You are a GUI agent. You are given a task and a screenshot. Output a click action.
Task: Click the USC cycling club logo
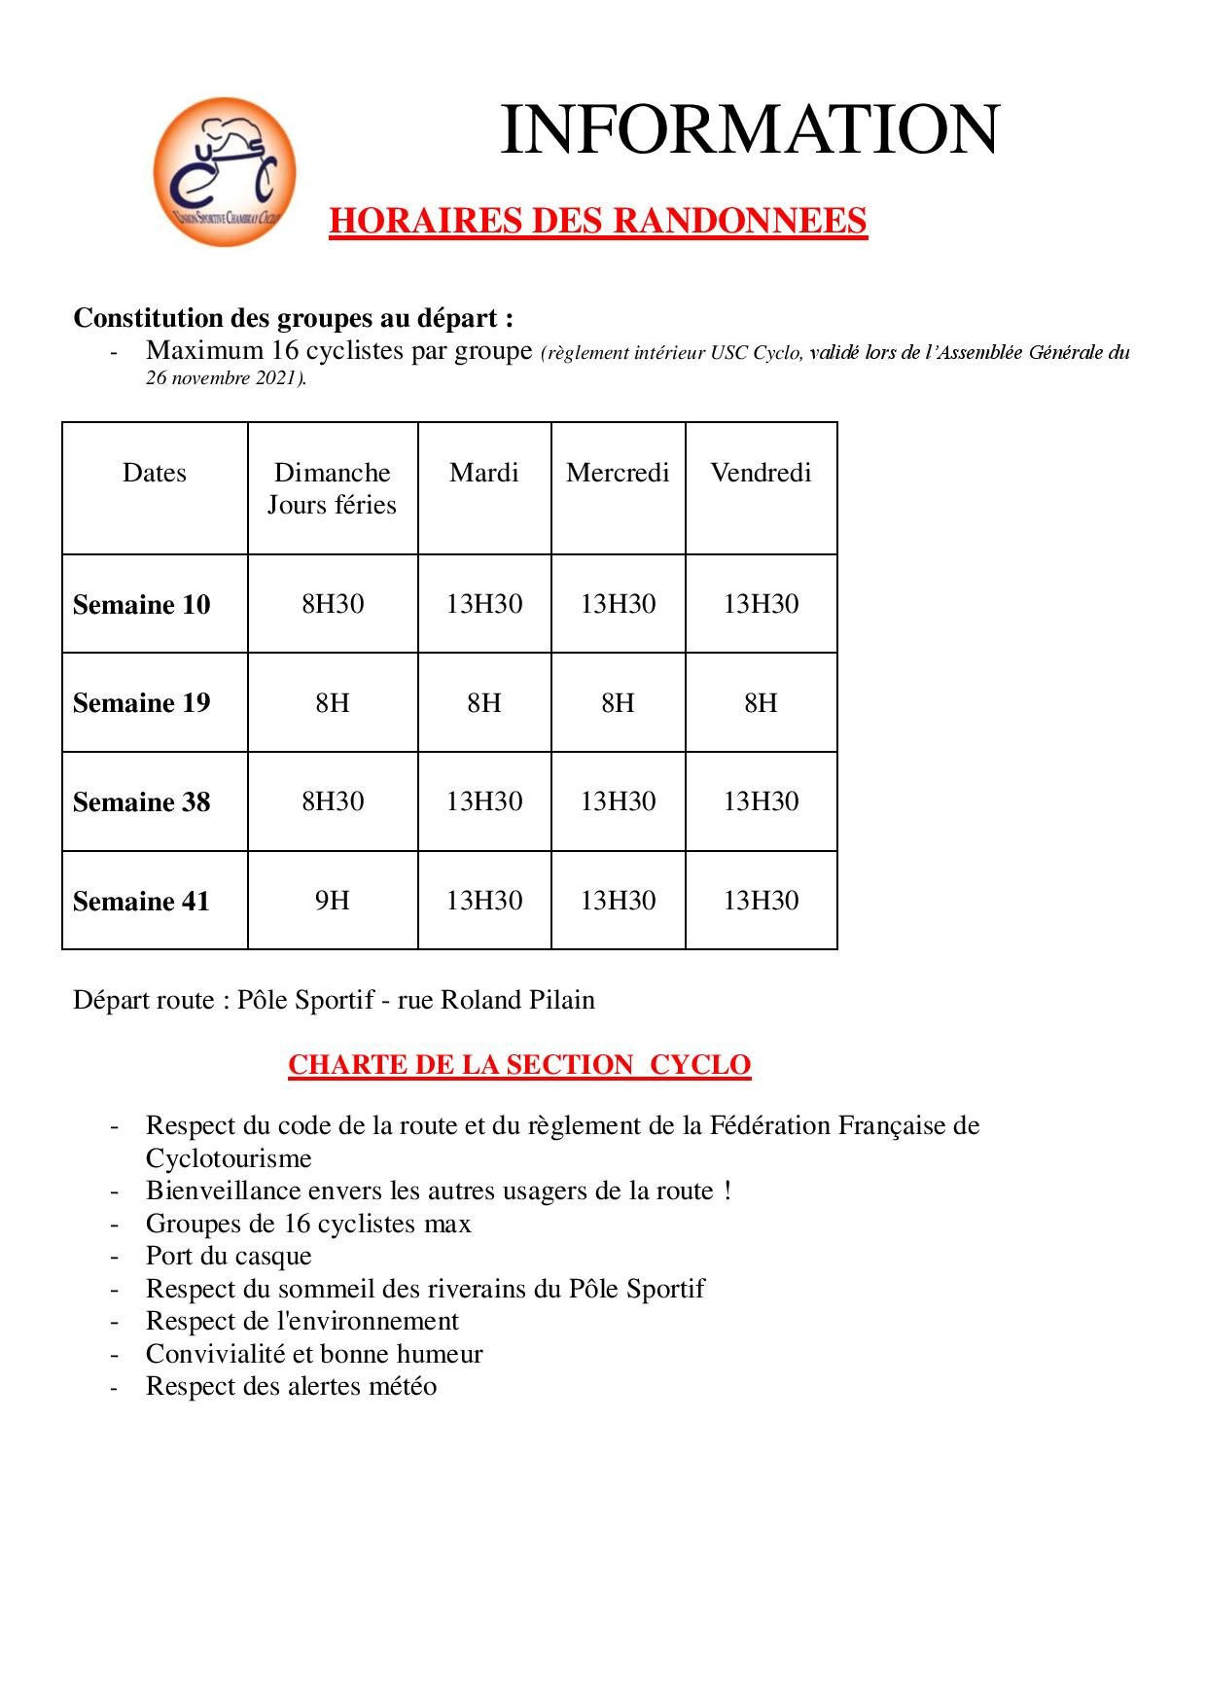[x=225, y=172]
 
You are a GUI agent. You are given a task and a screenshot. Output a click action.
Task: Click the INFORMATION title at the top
[x=749, y=130]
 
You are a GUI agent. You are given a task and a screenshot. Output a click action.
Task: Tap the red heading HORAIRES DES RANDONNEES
[x=597, y=222]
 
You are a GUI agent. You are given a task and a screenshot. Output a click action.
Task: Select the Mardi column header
[x=483, y=473]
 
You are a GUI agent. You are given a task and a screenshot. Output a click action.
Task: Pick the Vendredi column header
[x=761, y=473]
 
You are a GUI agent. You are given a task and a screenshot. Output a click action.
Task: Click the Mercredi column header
[x=618, y=473]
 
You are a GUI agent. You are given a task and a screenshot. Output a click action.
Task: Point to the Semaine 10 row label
[x=142, y=605]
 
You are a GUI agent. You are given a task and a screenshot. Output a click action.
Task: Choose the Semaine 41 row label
[x=142, y=902]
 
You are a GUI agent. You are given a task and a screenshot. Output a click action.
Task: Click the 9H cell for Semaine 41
[x=332, y=901]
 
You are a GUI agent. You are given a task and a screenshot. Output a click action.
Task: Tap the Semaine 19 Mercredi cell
[x=618, y=703]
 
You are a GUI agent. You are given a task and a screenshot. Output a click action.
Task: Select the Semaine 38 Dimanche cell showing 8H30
[x=332, y=801]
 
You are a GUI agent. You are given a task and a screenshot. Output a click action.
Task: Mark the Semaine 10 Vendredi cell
[x=761, y=604]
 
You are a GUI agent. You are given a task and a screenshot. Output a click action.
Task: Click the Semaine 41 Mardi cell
[x=483, y=901]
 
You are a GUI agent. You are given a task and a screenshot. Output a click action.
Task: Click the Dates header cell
[x=155, y=473]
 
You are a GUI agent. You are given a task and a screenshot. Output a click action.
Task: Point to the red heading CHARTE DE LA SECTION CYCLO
[x=519, y=1065]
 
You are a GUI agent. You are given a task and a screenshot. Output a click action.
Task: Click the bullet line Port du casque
[x=229, y=1256]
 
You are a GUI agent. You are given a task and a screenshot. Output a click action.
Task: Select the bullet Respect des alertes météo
[x=291, y=1386]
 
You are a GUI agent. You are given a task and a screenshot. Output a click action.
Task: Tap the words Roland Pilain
[x=517, y=1000]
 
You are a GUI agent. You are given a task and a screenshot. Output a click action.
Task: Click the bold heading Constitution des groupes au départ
[x=293, y=318]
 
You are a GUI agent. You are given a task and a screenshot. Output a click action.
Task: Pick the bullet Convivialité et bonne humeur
[x=314, y=1354]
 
